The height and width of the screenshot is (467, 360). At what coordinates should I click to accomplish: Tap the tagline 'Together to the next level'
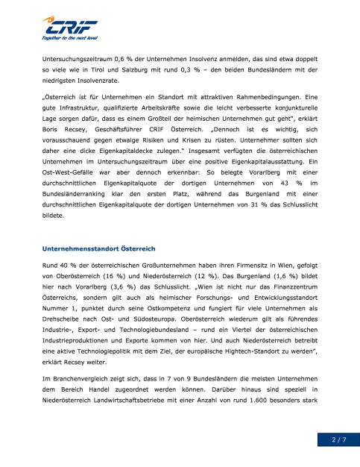(70, 37)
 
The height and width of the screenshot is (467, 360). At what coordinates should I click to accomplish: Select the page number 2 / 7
(338, 441)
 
